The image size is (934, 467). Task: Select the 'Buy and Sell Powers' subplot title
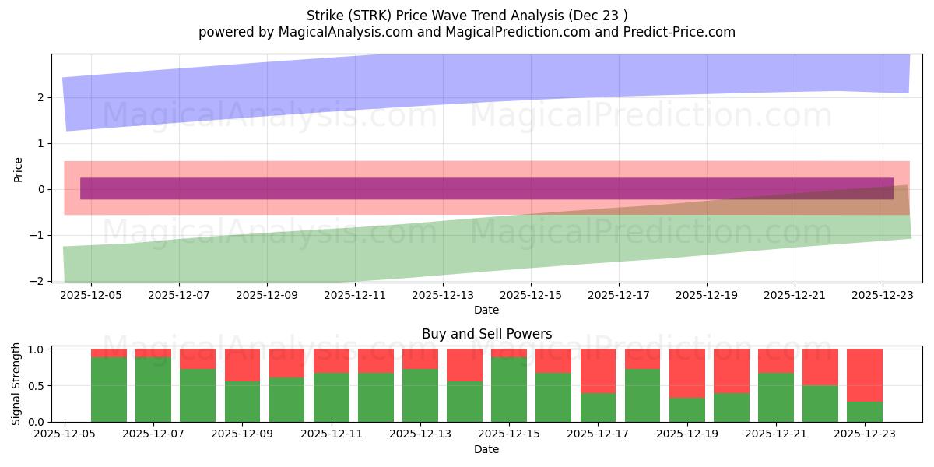click(486, 334)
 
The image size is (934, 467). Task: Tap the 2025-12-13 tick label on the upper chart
click(443, 296)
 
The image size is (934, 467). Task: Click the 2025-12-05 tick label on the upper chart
click(91, 296)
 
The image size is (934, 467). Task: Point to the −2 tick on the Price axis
click(39, 281)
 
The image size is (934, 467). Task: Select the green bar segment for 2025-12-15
click(509, 389)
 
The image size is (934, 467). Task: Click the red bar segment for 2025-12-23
click(865, 375)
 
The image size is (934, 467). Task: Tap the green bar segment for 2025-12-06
click(109, 389)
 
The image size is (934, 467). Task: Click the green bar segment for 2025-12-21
click(776, 397)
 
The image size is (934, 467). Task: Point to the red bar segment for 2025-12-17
click(598, 370)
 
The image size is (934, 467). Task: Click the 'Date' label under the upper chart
click(486, 310)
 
